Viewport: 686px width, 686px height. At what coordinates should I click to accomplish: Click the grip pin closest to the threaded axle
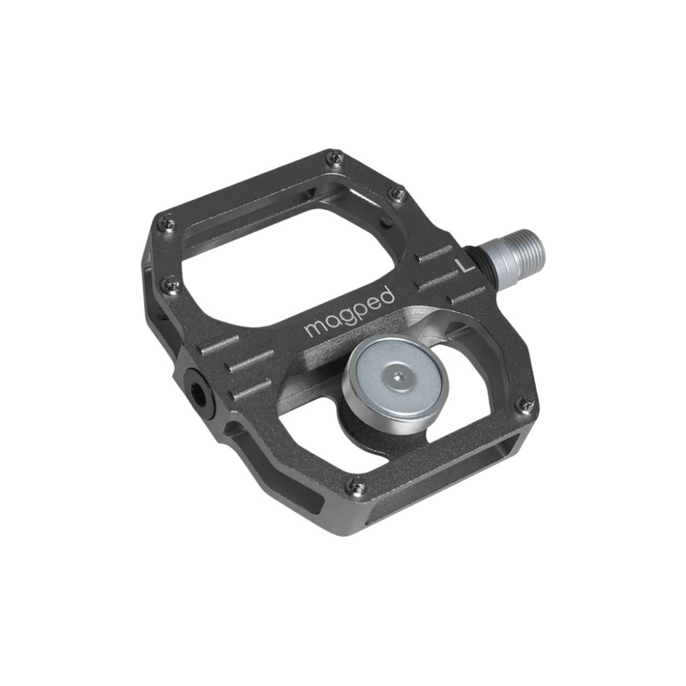(x=396, y=194)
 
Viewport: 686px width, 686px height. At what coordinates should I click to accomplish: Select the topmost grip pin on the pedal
(x=335, y=157)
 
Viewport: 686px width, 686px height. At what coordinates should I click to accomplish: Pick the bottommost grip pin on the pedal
(x=358, y=488)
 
